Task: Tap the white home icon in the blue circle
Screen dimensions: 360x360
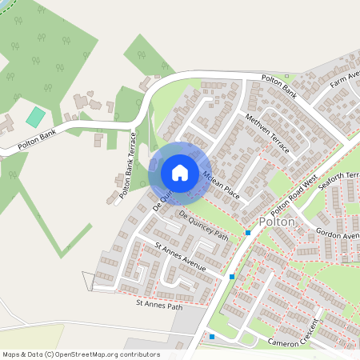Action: click(x=180, y=172)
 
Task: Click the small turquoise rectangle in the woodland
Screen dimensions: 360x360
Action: click(x=35, y=116)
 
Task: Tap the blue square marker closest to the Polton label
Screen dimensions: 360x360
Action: click(x=248, y=233)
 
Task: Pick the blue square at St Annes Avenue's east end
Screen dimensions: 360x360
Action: click(x=232, y=277)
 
